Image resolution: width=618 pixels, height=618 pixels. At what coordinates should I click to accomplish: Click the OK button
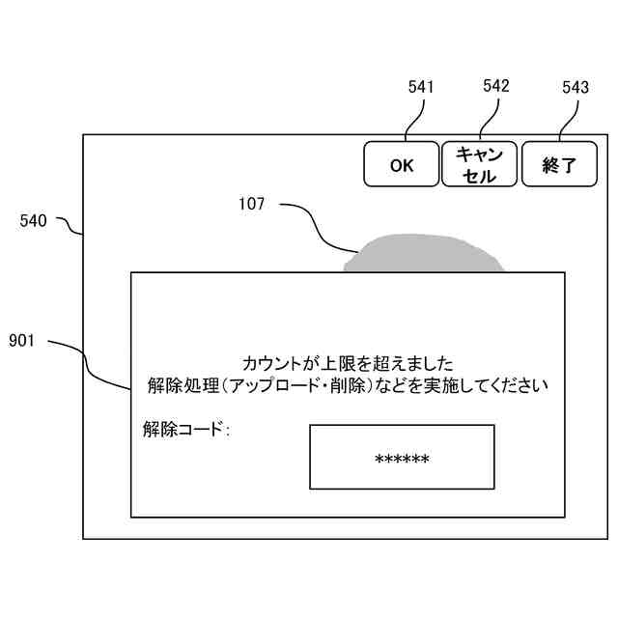point(402,164)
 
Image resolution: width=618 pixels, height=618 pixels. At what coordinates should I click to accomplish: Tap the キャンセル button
point(479,164)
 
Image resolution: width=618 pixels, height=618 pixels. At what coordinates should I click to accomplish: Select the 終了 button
point(559,164)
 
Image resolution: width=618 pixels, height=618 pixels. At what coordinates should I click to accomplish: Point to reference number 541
point(421,88)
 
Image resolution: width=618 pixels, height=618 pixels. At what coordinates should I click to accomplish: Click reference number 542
point(495,87)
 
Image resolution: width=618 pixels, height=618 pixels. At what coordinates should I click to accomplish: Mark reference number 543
point(575,88)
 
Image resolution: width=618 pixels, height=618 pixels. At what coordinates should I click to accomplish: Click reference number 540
point(33,221)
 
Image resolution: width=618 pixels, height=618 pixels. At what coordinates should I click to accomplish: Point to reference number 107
point(252,204)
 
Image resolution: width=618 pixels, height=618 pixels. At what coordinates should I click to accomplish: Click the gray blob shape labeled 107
point(425,254)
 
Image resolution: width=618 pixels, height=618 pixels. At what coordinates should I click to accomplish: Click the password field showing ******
point(402,457)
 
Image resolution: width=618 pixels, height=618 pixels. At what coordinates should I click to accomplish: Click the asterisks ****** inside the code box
point(402,460)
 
